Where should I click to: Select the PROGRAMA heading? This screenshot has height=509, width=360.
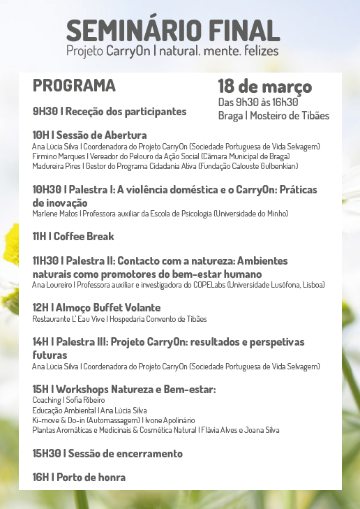(74, 86)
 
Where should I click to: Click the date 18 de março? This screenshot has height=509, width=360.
(264, 87)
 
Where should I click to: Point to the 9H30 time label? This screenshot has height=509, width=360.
(45, 111)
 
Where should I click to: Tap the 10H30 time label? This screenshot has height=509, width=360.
(47, 189)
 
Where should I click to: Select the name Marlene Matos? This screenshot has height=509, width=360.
(54, 213)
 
